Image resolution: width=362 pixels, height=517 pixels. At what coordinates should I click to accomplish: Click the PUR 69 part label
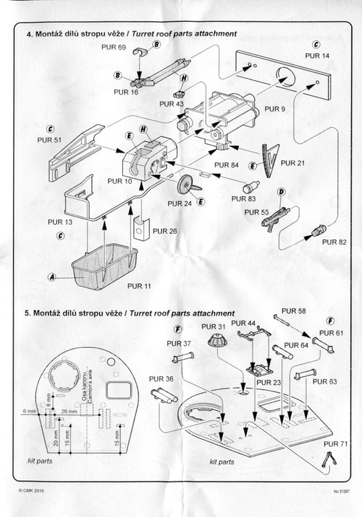coord(113,47)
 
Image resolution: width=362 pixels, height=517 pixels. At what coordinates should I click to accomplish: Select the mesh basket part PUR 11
coord(105,266)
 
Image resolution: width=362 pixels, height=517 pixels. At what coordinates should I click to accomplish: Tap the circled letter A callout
coord(52,277)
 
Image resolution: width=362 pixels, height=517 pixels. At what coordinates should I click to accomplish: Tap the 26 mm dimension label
coord(69,411)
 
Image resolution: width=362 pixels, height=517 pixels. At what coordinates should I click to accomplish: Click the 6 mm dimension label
coord(29,411)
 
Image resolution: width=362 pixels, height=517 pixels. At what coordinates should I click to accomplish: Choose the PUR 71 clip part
coord(329,459)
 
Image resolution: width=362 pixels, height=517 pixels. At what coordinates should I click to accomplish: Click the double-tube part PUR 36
coord(164,395)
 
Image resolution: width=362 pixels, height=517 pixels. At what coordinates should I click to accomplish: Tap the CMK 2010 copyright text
coord(31,491)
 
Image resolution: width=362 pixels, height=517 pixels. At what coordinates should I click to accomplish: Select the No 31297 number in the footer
coord(341,491)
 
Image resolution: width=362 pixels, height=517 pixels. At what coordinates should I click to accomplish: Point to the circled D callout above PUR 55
coord(281,192)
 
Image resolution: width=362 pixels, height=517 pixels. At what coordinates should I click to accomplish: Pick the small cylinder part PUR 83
coord(251,187)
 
